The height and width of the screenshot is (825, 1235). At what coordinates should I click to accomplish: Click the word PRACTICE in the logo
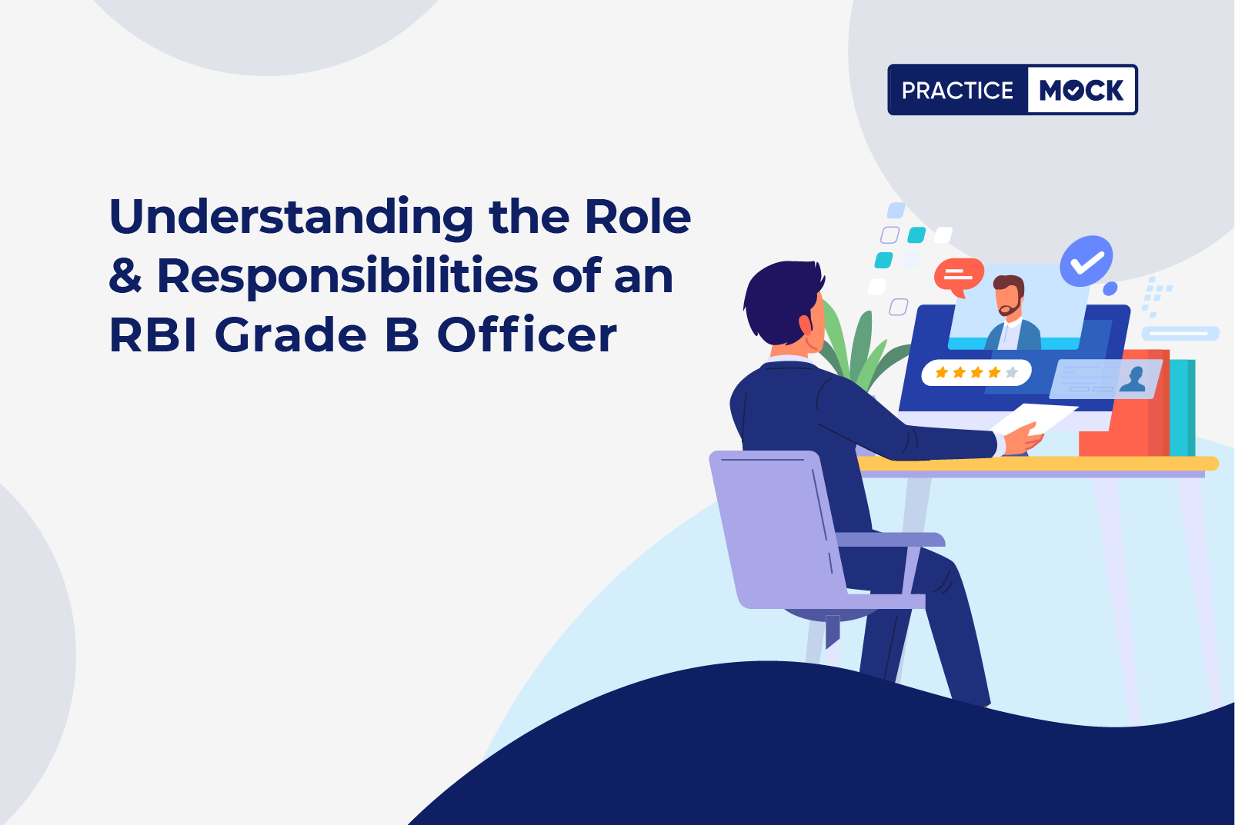coord(957,90)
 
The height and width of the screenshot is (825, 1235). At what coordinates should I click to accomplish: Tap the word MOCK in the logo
coord(1081,90)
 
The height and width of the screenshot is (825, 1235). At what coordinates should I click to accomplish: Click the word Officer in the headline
coord(527,334)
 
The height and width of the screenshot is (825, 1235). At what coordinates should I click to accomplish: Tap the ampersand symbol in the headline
coord(125,274)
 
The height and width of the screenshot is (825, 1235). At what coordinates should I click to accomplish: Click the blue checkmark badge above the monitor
coord(1086,261)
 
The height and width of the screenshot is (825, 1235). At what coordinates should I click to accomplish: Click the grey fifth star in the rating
coord(1011,372)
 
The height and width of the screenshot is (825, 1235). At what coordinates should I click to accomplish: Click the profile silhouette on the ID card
coord(1133,380)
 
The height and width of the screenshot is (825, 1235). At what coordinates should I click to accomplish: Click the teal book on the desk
coord(1182,408)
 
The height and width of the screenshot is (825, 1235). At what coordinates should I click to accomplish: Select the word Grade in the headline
coord(291,335)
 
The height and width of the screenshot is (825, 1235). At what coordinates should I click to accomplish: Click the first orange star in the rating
coord(942,372)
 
